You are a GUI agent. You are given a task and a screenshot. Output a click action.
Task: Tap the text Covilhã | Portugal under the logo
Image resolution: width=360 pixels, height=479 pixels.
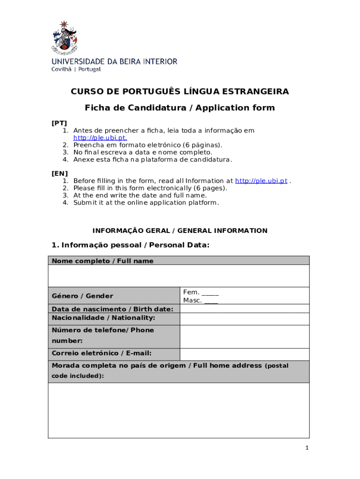[x=76, y=69]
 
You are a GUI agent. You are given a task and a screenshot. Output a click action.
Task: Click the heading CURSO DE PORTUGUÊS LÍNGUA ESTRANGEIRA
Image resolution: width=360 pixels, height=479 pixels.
[x=180, y=91]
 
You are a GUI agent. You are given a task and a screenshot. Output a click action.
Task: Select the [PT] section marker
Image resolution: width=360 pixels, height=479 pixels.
[x=59, y=123]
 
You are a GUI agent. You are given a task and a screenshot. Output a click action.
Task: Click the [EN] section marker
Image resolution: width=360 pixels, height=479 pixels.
[x=59, y=174]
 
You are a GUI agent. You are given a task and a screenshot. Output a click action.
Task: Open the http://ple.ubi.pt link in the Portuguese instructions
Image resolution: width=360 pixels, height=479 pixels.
[x=100, y=138]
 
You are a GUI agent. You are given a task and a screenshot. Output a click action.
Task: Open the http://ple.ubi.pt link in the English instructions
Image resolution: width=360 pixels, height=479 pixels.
[x=261, y=181]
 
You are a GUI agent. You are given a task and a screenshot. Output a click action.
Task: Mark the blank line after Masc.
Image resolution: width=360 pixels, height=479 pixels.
[x=211, y=301]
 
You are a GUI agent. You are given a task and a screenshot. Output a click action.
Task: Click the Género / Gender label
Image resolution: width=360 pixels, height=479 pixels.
[x=82, y=296]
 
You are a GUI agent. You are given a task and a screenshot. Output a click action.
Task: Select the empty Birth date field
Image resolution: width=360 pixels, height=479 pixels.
[x=244, y=309]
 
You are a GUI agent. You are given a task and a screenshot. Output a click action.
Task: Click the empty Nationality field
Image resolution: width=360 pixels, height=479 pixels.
[x=244, y=319]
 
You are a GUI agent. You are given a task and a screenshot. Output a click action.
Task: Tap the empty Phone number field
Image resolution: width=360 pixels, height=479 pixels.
[x=244, y=336]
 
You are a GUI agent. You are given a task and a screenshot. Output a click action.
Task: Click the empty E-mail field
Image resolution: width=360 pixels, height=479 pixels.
[x=244, y=354]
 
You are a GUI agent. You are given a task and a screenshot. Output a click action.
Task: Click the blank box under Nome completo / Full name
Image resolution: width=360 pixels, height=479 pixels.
[x=179, y=276]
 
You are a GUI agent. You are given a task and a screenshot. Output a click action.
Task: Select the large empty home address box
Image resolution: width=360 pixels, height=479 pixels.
[x=179, y=410]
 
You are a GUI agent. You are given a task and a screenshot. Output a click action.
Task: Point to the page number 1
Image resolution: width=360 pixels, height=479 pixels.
[x=307, y=448]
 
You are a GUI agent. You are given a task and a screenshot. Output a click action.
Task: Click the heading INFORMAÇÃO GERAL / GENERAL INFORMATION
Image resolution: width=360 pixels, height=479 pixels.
[x=180, y=231]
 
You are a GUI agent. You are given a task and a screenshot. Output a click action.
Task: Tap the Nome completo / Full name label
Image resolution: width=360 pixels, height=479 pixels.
[x=102, y=261]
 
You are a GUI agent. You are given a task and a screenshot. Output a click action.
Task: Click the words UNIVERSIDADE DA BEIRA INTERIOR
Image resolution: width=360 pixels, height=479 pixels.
[x=114, y=61]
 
